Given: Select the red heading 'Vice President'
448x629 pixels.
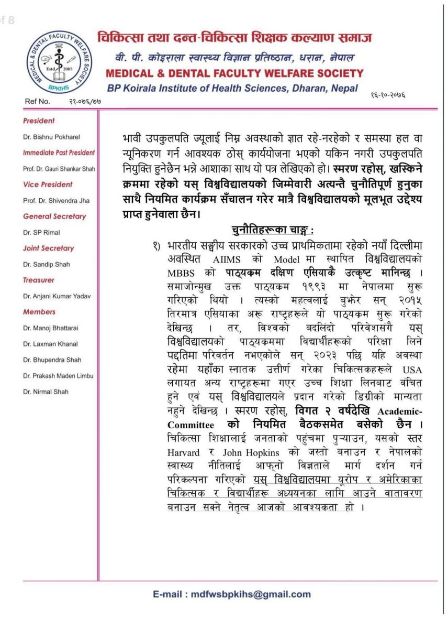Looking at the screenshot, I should click(x=48, y=185).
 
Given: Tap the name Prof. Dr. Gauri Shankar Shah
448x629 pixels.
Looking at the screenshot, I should click(x=59, y=169).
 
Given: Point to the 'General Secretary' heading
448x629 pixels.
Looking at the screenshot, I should click(x=54, y=216).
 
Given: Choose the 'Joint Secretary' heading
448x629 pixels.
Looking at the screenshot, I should click(x=49, y=248).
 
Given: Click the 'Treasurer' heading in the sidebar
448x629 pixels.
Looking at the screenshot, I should click(x=39, y=280).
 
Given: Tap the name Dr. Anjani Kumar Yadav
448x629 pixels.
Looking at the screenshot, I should click(x=57, y=296).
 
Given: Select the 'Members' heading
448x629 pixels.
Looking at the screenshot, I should click(x=39, y=312).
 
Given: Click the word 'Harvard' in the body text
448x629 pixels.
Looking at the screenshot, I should click(x=185, y=452).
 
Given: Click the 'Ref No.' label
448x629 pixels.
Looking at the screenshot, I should click(x=37, y=101).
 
